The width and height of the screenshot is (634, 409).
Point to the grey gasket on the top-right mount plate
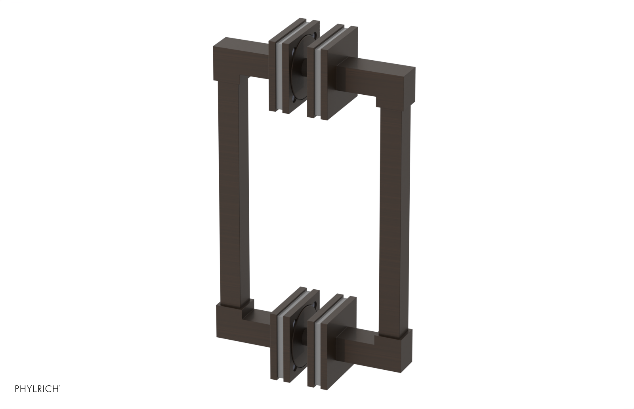click(x=317, y=83)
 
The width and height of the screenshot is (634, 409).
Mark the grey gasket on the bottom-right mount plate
click(x=317, y=349)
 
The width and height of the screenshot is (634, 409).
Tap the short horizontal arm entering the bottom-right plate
click(x=353, y=349)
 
